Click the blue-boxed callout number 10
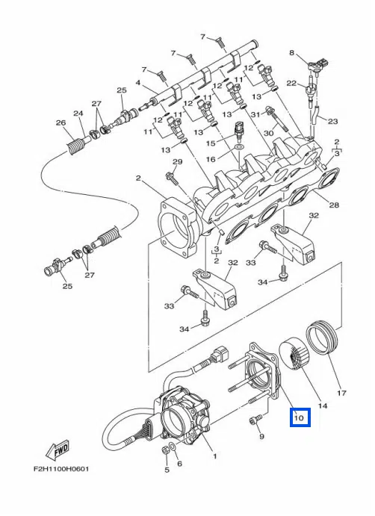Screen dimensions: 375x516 pyautogui.click(x=299, y=418)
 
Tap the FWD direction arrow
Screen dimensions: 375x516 pyautogui.click(x=59, y=450)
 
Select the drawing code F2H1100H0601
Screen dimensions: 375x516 pyautogui.click(x=61, y=469)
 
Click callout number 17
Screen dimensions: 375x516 pyautogui.click(x=341, y=393)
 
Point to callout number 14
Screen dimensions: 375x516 pyautogui.click(x=323, y=405)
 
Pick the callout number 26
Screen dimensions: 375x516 pyautogui.click(x=61, y=122)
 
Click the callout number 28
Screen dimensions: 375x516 pyautogui.click(x=334, y=205)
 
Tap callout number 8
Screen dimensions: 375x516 pyautogui.click(x=291, y=52)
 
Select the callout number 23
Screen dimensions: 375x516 pyautogui.click(x=333, y=121)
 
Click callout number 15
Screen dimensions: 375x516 pyautogui.click(x=211, y=143)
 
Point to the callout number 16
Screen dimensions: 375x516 pyautogui.click(x=211, y=159)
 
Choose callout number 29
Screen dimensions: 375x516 pyautogui.click(x=178, y=161)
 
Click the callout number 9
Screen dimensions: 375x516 pyautogui.click(x=261, y=437)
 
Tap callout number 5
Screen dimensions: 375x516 pyautogui.click(x=167, y=470)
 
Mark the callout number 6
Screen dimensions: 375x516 pyautogui.click(x=179, y=464)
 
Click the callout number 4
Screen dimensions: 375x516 pyautogui.click(x=138, y=82)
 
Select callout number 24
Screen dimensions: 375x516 pyautogui.click(x=78, y=114)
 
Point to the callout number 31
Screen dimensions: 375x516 pyautogui.click(x=255, y=114)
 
